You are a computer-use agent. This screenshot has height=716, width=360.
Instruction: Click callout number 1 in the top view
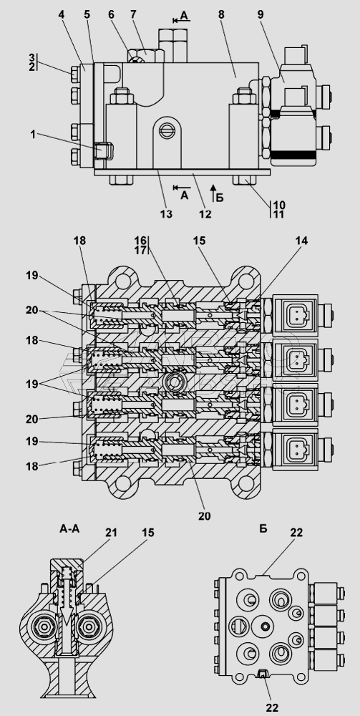(x=32, y=135)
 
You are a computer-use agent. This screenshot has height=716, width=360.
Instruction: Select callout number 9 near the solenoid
(x=260, y=14)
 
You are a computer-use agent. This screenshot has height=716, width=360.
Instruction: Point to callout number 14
(x=301, y=241)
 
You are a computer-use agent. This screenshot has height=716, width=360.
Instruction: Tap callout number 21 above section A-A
(x=112, y=533)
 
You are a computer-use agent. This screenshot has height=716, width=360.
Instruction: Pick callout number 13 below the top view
(x=167, y=213)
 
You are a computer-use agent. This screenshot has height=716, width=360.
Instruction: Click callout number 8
(x=221, y=14)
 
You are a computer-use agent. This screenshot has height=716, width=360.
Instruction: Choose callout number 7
(x=133, y=14)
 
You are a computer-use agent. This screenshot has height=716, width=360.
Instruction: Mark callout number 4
(x=62, y=14)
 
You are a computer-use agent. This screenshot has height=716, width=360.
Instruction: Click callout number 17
(x=140, y=250)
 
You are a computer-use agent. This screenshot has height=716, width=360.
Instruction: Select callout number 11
(x=279, y=213)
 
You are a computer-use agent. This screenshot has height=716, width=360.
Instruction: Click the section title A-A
(x=69, y=529)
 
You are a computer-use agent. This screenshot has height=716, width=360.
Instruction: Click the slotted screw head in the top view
(x=167, y=130)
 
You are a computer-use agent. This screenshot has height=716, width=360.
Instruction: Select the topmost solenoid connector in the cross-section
(x=295, y=314)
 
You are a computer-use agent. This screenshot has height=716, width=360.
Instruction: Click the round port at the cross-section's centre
(x=174, y=382)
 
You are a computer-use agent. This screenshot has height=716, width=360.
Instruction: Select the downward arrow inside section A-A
(x=67, y=603)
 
